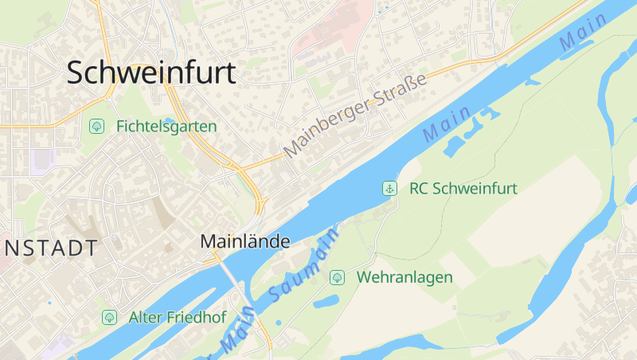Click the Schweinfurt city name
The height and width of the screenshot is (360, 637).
pyautogui.click(x=151, y=72)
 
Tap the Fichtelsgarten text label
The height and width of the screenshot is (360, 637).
pyautogui.click(x=166, y=126)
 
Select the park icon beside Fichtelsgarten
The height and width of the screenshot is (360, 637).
pyautogui.click(x=97, y=126)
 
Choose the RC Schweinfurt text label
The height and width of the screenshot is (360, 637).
pyautogui.click(x=463, y=189)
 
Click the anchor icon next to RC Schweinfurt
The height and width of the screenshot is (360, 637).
pyautogui.click(x=389, y=189)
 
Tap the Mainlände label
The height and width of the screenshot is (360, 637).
pyautogui.click(x=244, y=241)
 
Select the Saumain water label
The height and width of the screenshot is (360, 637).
pyautogui.click(x=303, y=267)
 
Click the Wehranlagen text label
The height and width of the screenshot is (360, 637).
pyautogui.click(x=405, y=277)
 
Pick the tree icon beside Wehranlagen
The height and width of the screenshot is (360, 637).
pyautogui.click(x=337, y=277)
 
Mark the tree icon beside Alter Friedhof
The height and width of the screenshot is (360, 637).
pyautogui.click(x=109, y=317)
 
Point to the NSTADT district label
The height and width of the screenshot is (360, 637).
pyautogui.click(x=49, y=248)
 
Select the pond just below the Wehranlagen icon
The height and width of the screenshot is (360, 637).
pyautogui.click(x=326, y=302)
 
